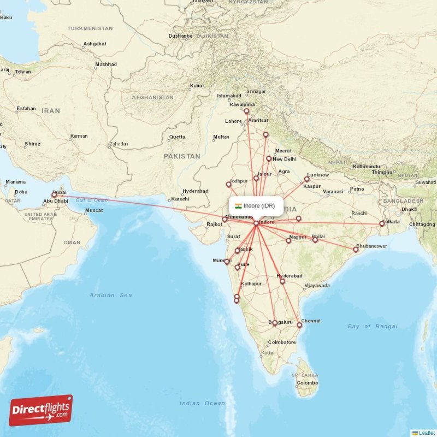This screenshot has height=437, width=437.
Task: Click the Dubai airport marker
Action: tap(54, 195)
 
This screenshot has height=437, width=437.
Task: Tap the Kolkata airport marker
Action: tap(382, 224)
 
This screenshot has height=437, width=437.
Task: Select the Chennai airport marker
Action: tap(299, 325)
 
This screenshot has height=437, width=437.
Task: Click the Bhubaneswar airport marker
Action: tap(356, 250)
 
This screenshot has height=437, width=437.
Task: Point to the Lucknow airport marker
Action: tap(307, 179)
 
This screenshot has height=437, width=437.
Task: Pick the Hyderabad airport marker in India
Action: tap(282, 281)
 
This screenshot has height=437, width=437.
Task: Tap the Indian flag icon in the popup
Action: tap(238, 206)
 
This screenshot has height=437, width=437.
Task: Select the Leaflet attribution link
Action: tap(427, 433)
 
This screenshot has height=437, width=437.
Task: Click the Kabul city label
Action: tap(196, 86)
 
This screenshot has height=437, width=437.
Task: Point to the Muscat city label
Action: tap(94, 210)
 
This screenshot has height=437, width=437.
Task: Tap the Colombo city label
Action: tap(308, 383)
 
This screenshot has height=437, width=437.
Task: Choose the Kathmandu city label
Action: tap(366, 167)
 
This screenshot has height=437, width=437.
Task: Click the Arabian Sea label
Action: tap(111, 295)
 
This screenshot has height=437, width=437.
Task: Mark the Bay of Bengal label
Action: tap(373, 326)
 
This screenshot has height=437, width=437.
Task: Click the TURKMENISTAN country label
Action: tap(90, 28)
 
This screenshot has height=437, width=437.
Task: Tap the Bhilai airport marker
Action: tap(315, 240)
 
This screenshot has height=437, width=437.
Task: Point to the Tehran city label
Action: tap(23, 72)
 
